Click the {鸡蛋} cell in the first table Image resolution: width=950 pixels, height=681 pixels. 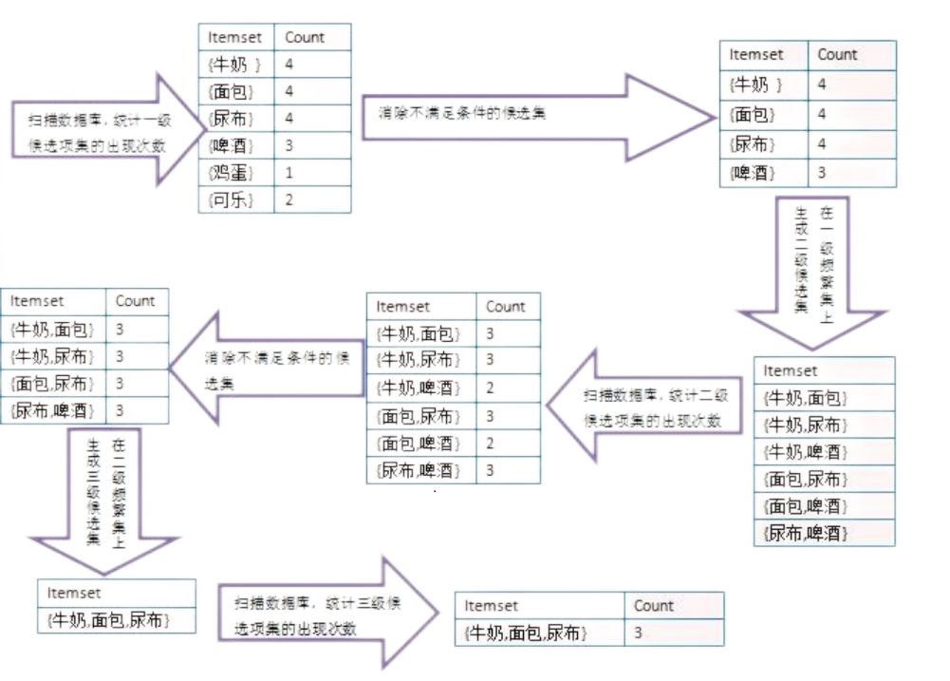233,174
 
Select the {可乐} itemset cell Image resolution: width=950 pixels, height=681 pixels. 233,200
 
